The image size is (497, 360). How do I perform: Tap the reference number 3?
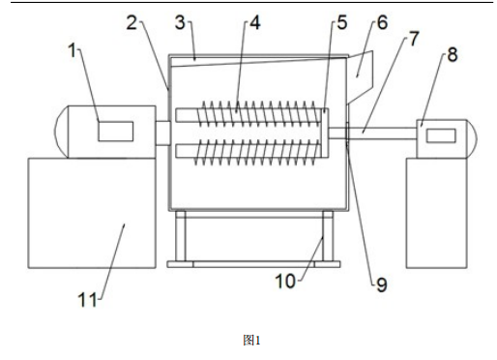pos(181,20)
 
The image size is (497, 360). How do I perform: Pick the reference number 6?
pos(379,21)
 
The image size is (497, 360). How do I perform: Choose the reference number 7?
pos(414,38)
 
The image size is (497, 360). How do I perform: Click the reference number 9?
pos(380,285)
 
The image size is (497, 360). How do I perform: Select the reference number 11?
pos(86,299)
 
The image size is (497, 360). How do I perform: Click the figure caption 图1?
pos(251,340)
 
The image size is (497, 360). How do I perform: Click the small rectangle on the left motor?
pos(115,129)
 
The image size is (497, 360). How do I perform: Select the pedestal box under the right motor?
pos(436,213)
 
